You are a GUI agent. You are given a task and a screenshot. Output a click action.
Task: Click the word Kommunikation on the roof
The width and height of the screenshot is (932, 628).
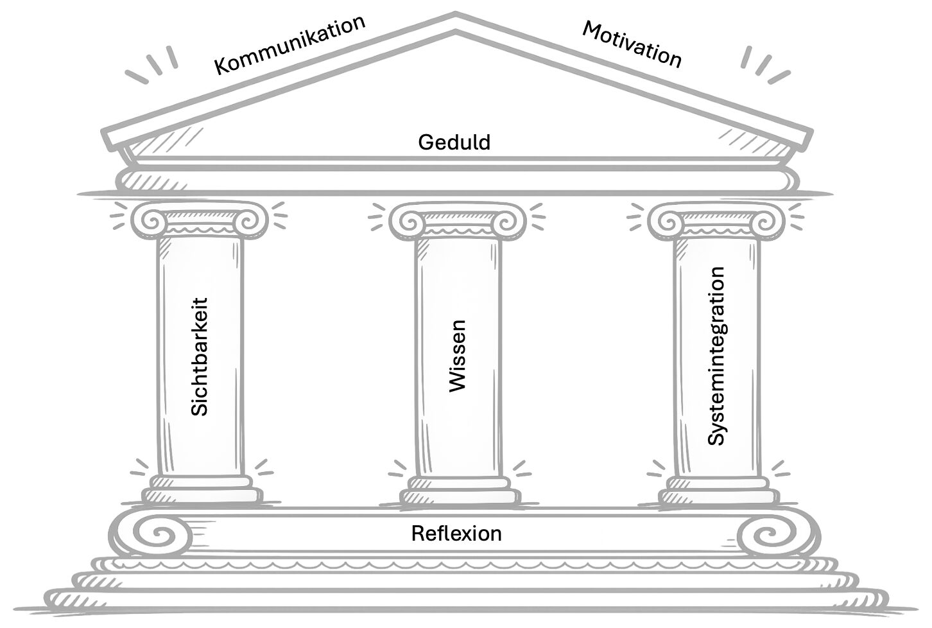[x=289, y=44]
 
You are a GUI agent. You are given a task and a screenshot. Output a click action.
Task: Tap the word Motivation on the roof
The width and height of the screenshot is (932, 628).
[x=632, y=44]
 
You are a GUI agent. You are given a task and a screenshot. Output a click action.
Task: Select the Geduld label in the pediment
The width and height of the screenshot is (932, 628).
[x=454, y=142]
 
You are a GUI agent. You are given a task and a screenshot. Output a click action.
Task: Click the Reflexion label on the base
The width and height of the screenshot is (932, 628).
[x=456, y=534]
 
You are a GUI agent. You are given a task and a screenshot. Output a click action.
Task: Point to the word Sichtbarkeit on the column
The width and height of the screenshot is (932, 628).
[x=200, y=356]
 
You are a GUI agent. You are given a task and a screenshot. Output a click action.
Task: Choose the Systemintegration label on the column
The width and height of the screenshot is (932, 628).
[x=716, y=356]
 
